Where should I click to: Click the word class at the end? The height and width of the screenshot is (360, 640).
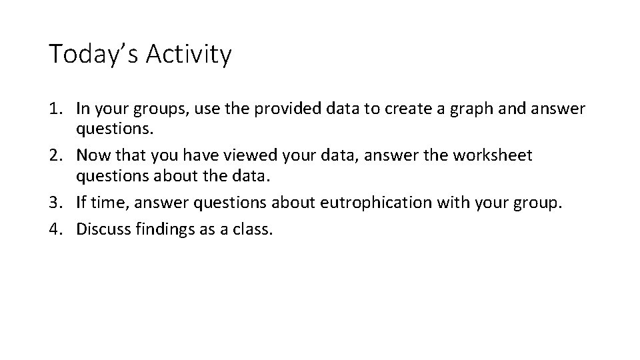click(254, 229)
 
